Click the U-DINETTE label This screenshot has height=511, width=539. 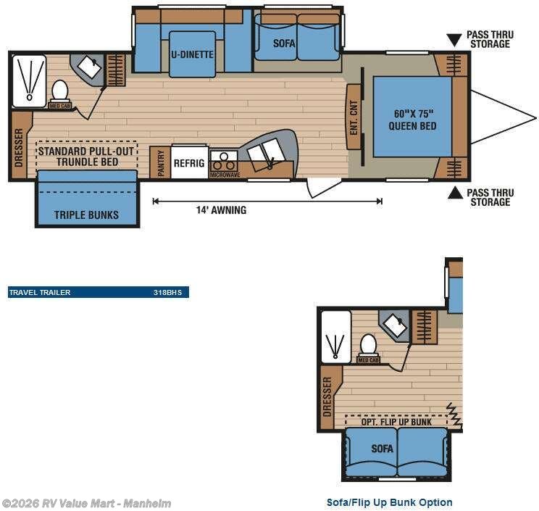tap(192, 54)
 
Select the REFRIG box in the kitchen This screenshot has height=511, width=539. tap(189, 163)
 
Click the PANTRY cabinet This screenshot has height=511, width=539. tap(160, 162)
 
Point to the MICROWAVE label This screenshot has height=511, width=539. tap(225, 175)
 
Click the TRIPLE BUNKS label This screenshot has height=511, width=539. tap(86, 215)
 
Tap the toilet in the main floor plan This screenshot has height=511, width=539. tap(59, 91)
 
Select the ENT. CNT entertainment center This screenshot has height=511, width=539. tap(354, 116)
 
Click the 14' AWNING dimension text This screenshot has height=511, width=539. tap(221, 210)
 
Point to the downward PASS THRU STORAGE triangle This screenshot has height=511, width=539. tap(454, 40)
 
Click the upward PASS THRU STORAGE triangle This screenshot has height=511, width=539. tap(454, 193)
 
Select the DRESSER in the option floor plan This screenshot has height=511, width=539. tap(327, 396)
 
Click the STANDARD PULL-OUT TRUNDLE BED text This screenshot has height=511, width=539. tap(87, 157)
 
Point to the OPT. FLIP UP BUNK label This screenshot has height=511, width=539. tap(397, 421)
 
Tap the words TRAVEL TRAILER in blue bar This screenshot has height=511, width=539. tap(40, 293)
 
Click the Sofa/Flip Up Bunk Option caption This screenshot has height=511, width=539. tap(390, 502)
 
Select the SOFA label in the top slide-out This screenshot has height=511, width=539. tap(284, 43)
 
